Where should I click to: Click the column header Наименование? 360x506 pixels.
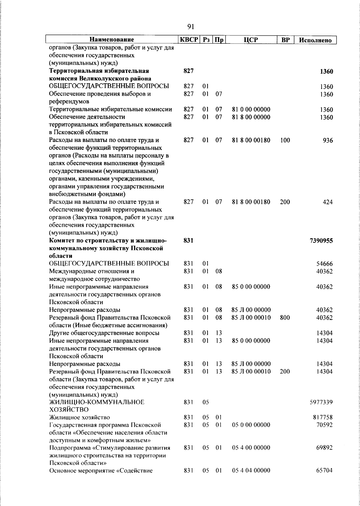[112, 40]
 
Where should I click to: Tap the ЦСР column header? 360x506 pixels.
[251, 40]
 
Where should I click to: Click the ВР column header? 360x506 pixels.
[285, 40]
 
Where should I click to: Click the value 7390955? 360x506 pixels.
[321, 241]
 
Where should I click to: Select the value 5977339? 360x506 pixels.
[321, 402]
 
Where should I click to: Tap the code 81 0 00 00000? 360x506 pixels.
[251, 109]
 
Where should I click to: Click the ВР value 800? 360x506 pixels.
[285, 318]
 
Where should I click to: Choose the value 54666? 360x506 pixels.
[324, 264]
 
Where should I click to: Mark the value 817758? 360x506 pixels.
[322, 417]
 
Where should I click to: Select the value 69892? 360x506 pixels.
[324, 448]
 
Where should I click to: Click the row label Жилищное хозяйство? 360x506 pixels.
[79, 417]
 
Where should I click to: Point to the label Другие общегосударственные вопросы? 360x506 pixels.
[104, 333]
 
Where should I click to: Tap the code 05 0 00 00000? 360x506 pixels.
[251, 425]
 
